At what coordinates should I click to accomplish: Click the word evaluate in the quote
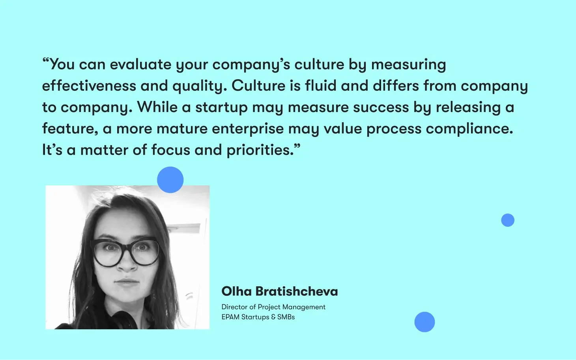coord(140,64)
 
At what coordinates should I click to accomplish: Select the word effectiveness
coord(89,86)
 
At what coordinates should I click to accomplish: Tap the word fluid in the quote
coord(321,86)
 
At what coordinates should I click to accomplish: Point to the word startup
coord(221,108)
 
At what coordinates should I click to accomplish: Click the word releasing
coord(468,108)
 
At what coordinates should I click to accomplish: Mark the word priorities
coord(260,151)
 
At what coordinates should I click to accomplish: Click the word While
coord(157,107)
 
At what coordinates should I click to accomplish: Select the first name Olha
coord(237,291)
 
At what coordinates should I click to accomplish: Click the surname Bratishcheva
coord(297,291)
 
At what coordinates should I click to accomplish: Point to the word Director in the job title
coord(234,307)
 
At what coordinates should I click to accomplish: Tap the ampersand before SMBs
coord(273,317)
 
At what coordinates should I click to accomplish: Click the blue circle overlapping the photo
coord(170,180)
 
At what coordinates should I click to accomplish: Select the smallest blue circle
coord(508,220)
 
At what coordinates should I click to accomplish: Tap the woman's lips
coord(127,282)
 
